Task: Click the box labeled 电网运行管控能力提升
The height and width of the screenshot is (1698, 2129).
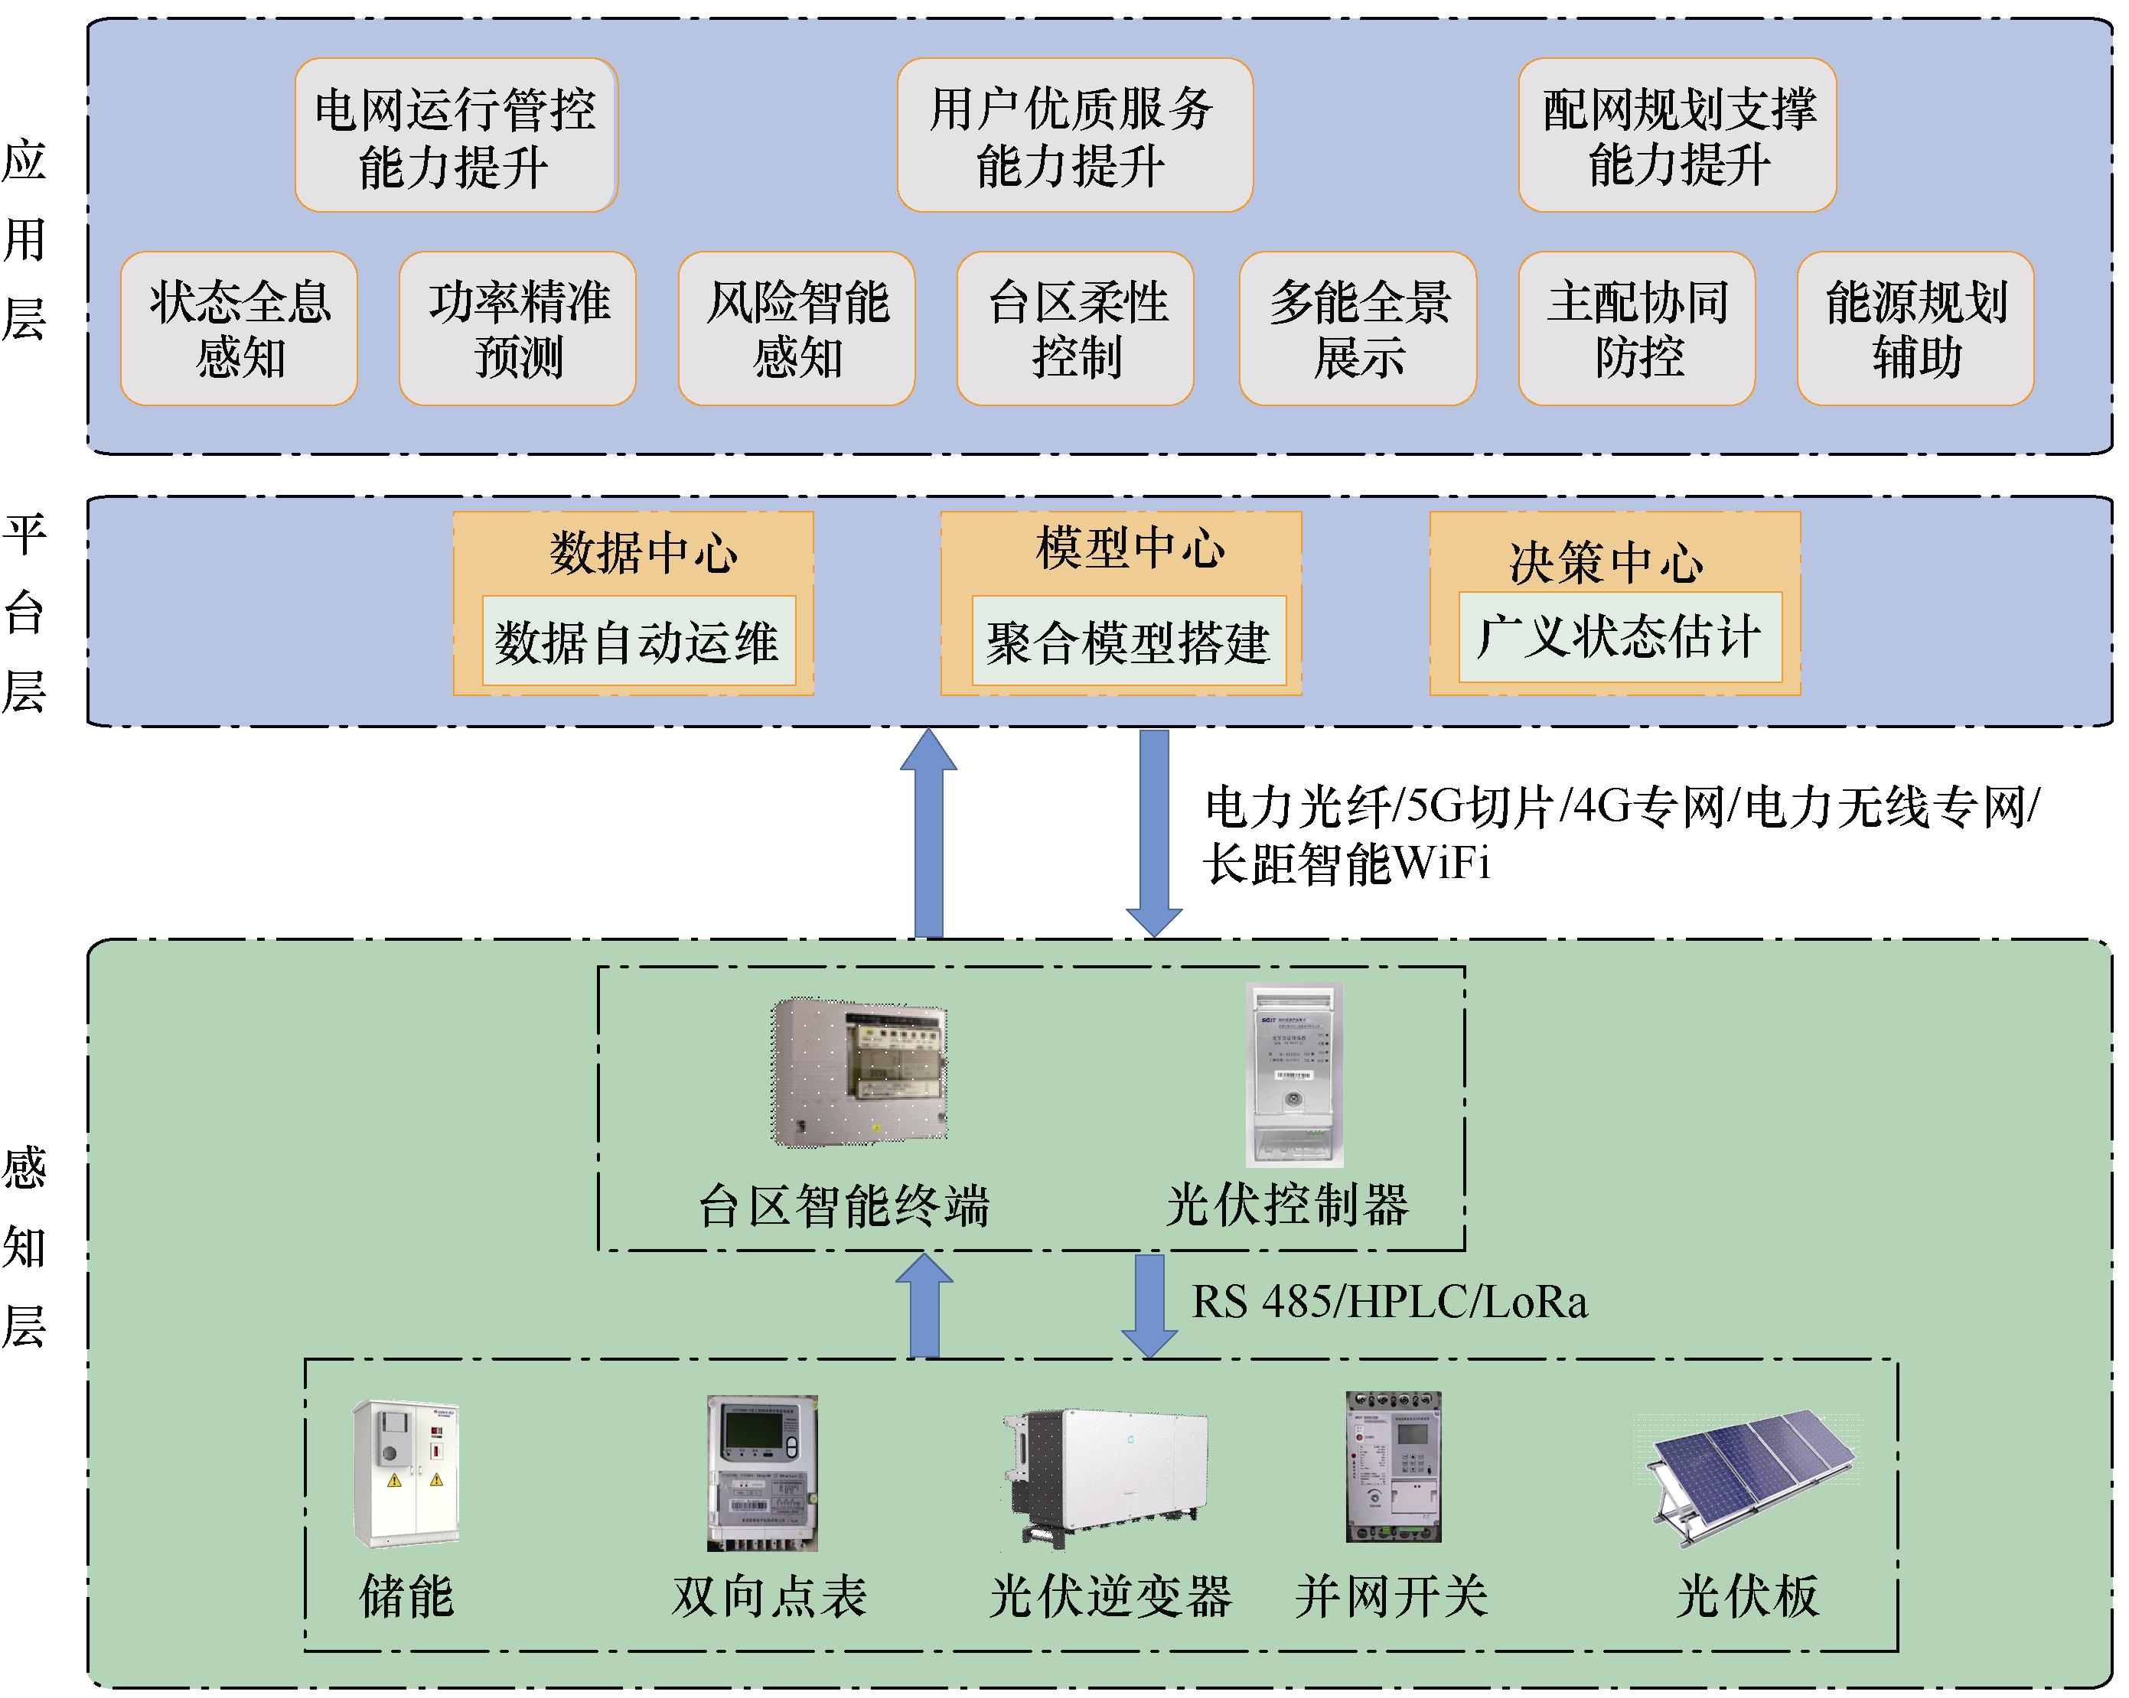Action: [x=455, y=135]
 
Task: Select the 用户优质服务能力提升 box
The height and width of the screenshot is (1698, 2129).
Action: [x=1074, y=135]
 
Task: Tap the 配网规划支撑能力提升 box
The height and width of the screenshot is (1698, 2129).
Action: [x=1677, y=135]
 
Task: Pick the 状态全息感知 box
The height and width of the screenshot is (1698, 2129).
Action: [x=239, y=329]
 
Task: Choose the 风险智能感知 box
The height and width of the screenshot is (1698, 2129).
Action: [x=796, y=329]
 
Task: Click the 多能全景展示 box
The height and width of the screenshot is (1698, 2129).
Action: [x=1358, y=329]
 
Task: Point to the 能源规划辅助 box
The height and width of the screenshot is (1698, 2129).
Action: [x=1915, y=329]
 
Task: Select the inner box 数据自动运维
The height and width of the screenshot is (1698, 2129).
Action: [x=638, y=641]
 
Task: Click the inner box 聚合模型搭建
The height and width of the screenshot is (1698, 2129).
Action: [x=1129, y=641]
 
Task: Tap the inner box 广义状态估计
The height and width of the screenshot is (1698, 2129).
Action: [x=1619, y=636]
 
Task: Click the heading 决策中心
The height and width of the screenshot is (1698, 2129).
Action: [x=1606, y=561]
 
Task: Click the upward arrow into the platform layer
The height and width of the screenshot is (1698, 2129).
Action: [x=928, y=834]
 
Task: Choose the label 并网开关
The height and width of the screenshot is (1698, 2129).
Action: [x=1391, y=1596]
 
